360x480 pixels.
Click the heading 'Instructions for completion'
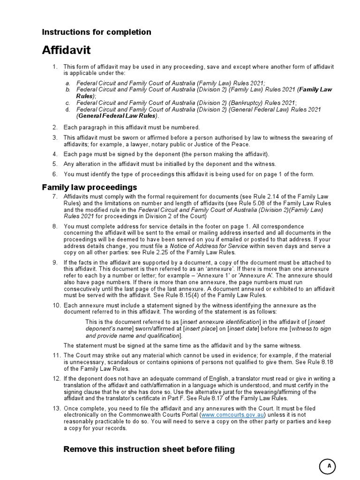(x=97, y=32)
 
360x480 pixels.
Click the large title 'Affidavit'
(x=66, y=50)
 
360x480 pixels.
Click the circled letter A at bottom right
(x=329, y=466)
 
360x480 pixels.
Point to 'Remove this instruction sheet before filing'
(x=149, y=450)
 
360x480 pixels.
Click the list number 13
(x=56, y=408)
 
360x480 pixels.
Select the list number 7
(x=56, y=196)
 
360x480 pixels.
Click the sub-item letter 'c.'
(x=68, y=103)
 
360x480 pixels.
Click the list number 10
(x=56, y=305)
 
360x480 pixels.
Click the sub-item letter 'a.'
(x=68, y=83)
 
